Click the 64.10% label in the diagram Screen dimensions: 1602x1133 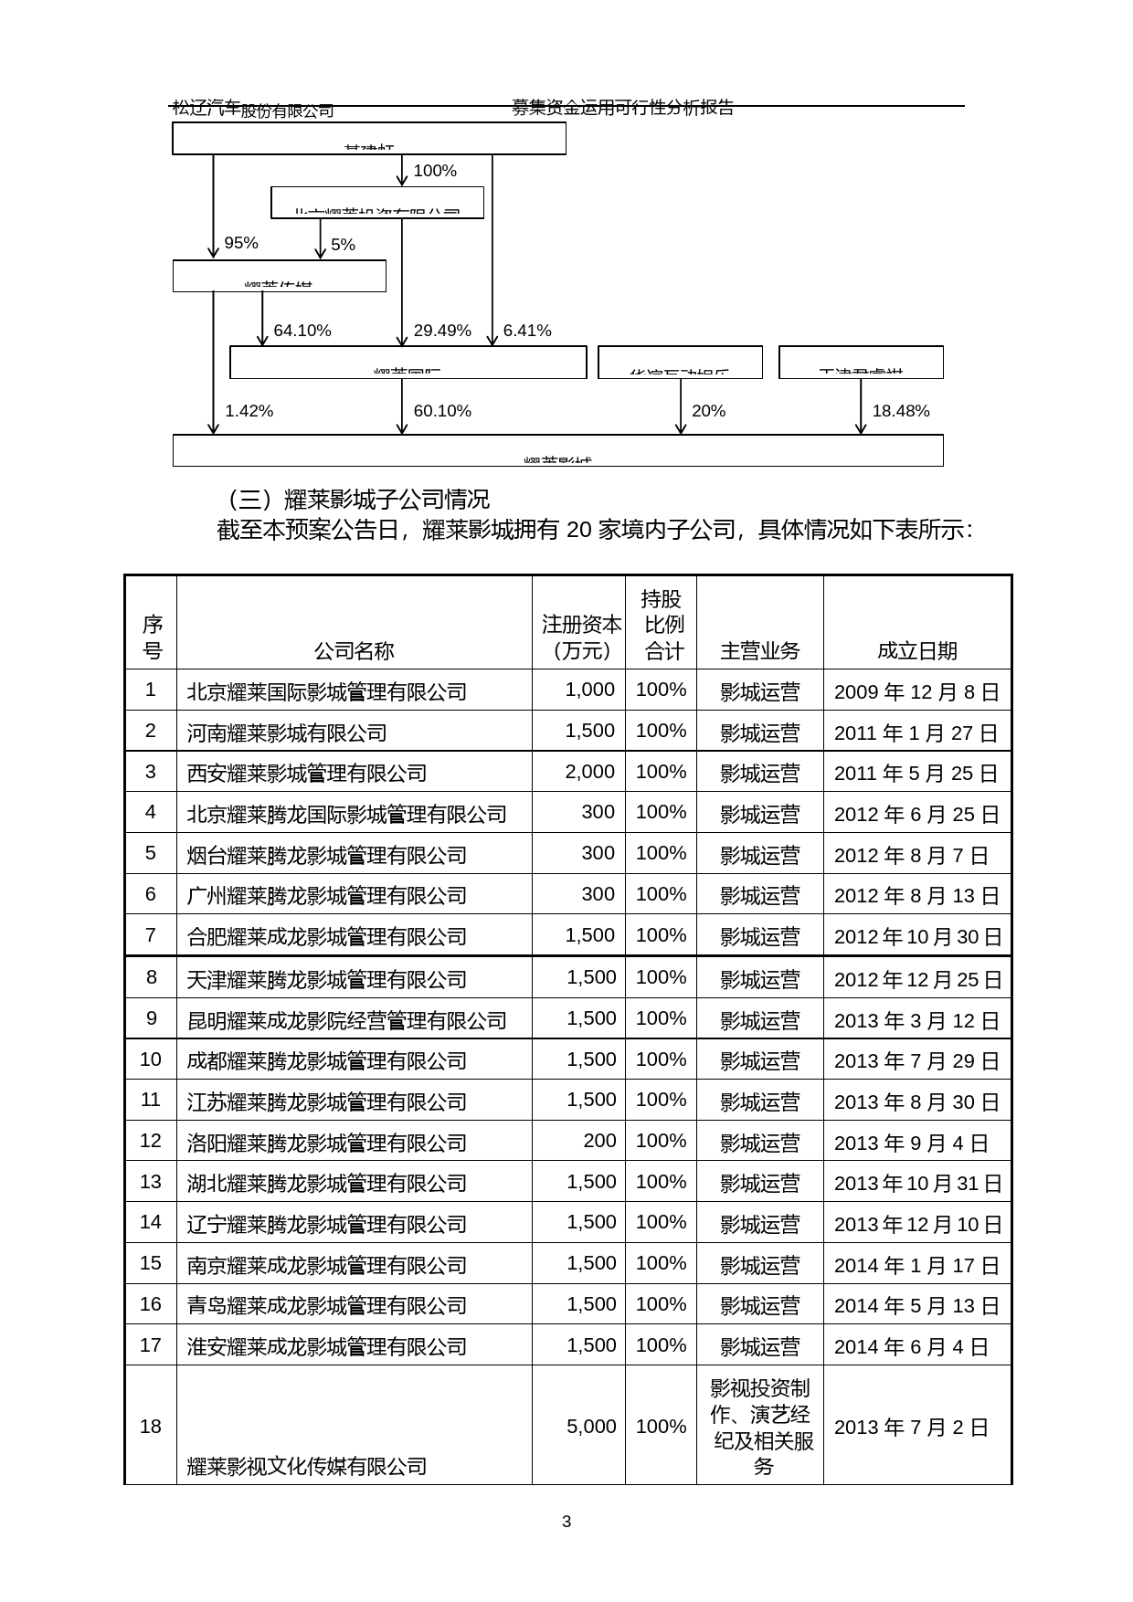pos(302,331)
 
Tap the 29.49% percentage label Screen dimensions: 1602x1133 pos(442,331)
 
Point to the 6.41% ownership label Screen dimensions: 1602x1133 pos(527,331)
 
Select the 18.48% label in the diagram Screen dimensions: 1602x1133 pos(900,411)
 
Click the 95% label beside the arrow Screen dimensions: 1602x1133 pos(241,243)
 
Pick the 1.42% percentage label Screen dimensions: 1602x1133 pos(249,411)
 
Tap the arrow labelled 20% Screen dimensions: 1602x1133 pos(681,406)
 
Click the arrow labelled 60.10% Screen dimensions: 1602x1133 pos(402,406)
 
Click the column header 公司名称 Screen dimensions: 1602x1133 pos(354,650)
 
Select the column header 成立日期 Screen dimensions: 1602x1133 pos(916,650)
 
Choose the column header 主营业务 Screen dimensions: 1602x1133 pos(759,650)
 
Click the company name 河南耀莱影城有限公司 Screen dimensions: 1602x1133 pos(287,732)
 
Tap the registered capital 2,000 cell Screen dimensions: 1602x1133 pos(589,772)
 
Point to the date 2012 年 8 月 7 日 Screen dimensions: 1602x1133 pos(911,855)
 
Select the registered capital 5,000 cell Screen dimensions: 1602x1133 pos(591,1427)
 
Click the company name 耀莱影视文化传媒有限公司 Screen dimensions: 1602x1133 pos(307,1466)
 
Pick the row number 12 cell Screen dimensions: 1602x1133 pos(151,1141)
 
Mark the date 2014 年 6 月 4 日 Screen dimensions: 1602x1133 pos(911,1346)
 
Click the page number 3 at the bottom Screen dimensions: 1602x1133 pos(566,1522)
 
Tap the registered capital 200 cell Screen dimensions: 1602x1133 pos(599,1141)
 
